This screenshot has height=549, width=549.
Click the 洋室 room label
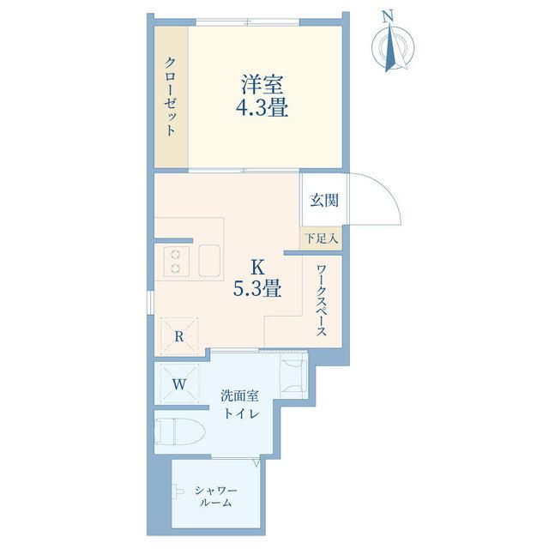pos(262,85)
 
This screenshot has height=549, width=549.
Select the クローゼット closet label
pos(170,96)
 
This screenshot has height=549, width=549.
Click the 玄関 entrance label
pos(324,200)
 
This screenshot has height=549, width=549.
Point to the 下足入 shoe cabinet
pos(322,238)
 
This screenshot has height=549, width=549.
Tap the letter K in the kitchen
pos(257,268)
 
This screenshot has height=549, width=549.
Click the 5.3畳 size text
pos(257,288)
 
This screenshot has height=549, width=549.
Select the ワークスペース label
pos(322,301)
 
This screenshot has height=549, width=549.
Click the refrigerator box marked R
pos(179,336)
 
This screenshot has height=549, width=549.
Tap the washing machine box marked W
pos(179,384)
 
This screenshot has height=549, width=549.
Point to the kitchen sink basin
pos(209,261)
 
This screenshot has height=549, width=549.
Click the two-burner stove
pos(175,261)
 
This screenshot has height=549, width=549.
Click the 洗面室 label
pos(239,395)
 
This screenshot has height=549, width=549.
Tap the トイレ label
pos(242,413)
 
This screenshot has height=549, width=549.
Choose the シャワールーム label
pos(216,497)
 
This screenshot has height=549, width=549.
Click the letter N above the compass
pos(387,16)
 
